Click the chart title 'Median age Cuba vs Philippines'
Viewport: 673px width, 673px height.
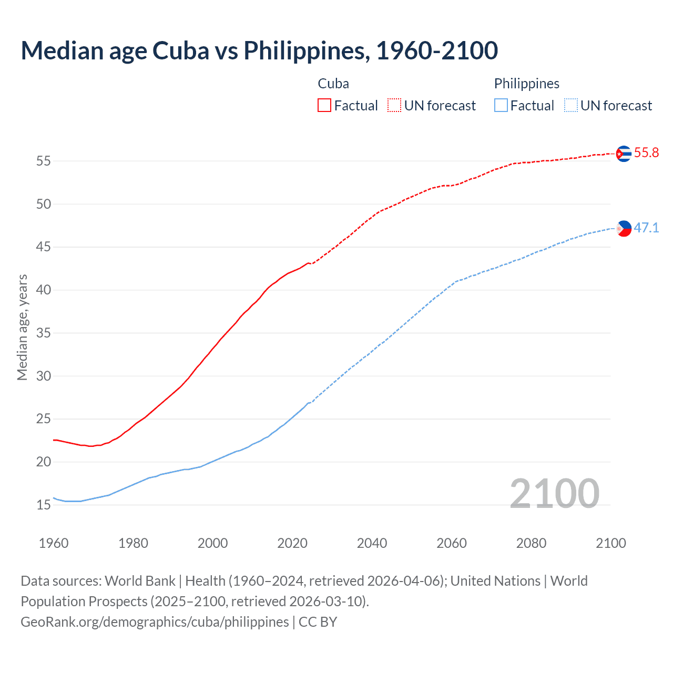click(x=259, y=50)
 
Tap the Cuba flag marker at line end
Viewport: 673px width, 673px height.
click(x=624, y=154)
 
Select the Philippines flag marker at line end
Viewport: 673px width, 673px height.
click(x=624, y=228)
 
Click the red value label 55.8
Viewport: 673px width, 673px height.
click(x=646, y=153)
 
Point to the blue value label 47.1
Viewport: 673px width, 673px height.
click(x=646, y=228)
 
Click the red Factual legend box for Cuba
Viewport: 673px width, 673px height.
click(x=324, y=106)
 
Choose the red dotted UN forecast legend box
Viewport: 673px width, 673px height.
click(x=394, y=106)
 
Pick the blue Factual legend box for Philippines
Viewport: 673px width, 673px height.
click(x=501, y=106)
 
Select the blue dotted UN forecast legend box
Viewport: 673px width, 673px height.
click(x=570, y=106)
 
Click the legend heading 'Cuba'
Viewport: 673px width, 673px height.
click(x=333, y=84)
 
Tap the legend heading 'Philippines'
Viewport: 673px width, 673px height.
click(x=526, y=84)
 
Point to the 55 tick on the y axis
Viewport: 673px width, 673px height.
click(x=44, y=161)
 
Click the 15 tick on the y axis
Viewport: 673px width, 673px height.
click(x=44, y=505)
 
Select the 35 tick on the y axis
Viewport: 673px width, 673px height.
click(x=44, y=333)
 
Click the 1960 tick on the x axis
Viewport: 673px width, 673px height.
click(x=54, y=543)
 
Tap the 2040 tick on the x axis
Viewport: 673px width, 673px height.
click(x=372, y=543)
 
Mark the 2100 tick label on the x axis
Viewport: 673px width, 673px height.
click(x=610, y=543)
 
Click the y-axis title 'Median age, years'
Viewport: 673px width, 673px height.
click(x=22, y=327)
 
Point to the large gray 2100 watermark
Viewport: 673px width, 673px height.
click(x=554, y=494)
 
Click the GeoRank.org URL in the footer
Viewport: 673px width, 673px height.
click(x=155, y=622)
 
